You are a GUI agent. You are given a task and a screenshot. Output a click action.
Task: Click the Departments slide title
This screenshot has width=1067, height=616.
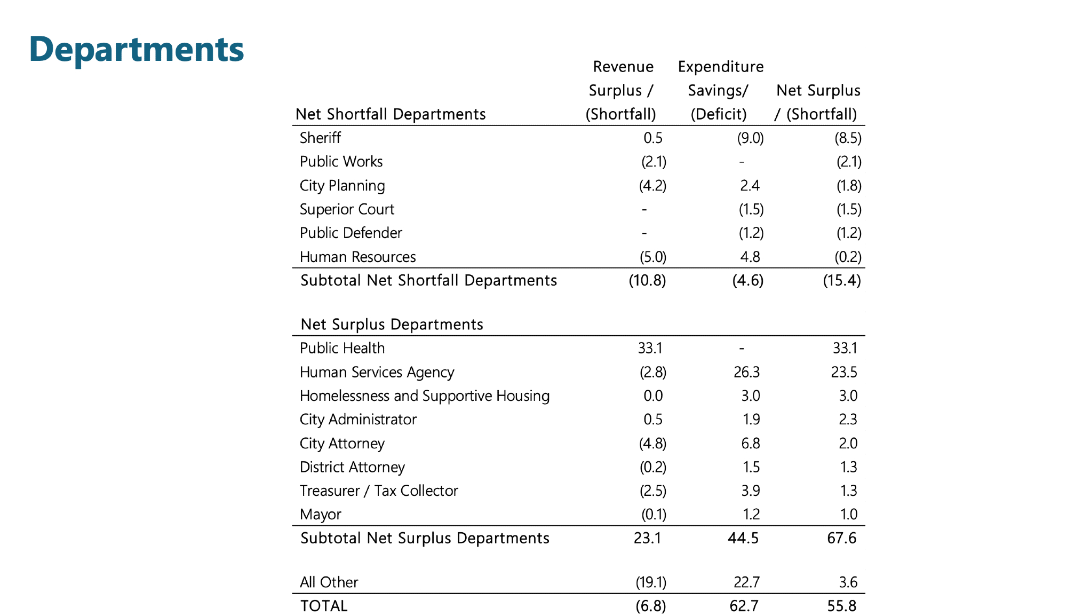137,49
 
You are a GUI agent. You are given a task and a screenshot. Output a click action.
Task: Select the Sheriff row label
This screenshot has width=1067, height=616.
320,138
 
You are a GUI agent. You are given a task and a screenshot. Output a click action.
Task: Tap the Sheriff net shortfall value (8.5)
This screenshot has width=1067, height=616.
848,138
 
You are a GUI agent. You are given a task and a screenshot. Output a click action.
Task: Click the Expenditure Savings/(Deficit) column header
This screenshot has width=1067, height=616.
720,90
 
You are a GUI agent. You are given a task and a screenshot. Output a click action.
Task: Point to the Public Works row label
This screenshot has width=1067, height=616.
341,161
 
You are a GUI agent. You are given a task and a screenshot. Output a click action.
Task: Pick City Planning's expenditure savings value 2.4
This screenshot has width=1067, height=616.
750,185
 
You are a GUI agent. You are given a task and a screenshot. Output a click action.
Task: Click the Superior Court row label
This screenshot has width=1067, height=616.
347,209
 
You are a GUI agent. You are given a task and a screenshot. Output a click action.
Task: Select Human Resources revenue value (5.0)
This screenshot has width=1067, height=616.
653,257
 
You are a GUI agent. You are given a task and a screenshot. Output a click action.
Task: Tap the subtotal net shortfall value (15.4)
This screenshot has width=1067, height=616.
841,280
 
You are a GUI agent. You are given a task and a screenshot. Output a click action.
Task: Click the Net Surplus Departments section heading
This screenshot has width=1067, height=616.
392,325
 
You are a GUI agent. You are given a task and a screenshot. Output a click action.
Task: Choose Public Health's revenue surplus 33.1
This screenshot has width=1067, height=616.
650,348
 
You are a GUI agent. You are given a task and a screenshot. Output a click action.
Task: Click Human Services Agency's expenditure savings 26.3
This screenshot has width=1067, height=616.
746,372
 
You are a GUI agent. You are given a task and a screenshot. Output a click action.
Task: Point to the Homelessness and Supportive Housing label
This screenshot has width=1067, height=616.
424,396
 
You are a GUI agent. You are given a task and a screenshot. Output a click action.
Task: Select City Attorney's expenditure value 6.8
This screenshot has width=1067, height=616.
750,443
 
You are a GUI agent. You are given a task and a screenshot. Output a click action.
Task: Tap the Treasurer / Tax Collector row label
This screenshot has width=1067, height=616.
379,491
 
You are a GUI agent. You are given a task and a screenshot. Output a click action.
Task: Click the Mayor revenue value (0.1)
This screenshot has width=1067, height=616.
654,514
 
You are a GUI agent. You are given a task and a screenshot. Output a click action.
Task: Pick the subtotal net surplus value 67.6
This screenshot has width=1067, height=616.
841,538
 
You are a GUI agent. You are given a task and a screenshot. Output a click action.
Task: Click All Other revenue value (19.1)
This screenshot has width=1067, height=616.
651,582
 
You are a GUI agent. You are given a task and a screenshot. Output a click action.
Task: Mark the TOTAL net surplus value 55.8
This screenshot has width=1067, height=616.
841,606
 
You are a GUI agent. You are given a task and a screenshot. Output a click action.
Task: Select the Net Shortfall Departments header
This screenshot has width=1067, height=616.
391,114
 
